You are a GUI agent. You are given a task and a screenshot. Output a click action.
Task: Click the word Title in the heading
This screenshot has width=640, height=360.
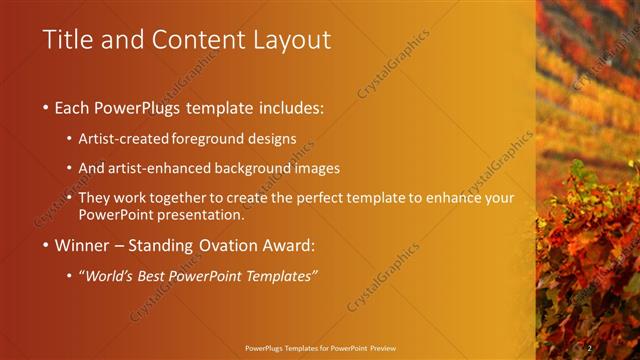click(67, 40)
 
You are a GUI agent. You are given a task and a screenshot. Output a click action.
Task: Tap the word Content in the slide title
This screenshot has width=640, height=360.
click(192, 40)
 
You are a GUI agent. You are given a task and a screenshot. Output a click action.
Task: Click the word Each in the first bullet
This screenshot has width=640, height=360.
click(72, 107)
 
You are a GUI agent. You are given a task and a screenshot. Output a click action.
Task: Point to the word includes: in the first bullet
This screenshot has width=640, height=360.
click(291, 107)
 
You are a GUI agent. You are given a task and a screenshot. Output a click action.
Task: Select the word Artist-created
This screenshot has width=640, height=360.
click(123, 138)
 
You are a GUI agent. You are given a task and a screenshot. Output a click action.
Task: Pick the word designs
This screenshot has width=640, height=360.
click(274, 138)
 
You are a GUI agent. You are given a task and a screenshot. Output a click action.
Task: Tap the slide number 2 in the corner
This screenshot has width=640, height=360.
click(590, 347)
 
